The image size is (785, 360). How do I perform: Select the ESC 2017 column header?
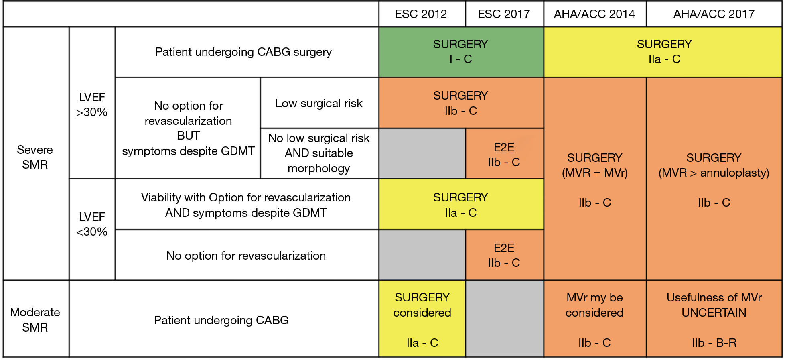(504, 14)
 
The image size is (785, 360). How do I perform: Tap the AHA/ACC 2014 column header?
(594, 14)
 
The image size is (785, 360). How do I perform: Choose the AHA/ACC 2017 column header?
(714, 14)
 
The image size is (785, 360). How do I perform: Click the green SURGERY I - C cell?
(461, 52)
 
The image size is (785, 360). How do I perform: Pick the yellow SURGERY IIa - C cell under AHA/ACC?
(663, 52)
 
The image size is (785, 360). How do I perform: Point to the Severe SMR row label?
(35, 157)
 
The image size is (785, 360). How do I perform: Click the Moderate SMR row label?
(35, 319)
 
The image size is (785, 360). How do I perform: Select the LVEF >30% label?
(92, 104)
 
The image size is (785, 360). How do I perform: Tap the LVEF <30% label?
(92, 224)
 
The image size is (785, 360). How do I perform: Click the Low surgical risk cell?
(319, 103)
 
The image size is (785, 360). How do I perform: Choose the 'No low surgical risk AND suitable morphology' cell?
(319, 153)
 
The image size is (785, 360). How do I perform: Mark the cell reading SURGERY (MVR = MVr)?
(594, 179)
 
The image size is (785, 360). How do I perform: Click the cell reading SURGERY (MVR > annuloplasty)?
(714, 179)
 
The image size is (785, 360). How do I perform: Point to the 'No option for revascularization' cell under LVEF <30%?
(247, 255)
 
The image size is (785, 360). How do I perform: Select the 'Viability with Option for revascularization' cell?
(247, 205)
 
